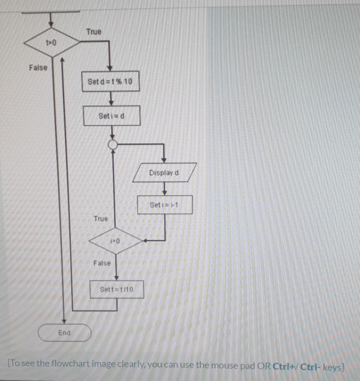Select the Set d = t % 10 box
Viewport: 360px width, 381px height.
click(110, 82)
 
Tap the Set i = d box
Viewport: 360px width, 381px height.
click(112, 116)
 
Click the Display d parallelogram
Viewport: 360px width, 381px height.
click(164, 173)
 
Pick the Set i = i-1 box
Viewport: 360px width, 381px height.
click(165, 205)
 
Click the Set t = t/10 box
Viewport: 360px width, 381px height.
click(117, 290)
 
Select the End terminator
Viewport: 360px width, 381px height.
click(64, 333)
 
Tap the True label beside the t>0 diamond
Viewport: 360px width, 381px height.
click(94, 32)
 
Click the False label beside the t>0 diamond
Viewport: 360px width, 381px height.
click(38, 68)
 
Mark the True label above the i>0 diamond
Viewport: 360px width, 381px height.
click(101, 218)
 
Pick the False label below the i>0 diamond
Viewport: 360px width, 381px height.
click(102, 263)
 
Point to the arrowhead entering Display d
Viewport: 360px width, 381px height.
click(164, 160)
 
